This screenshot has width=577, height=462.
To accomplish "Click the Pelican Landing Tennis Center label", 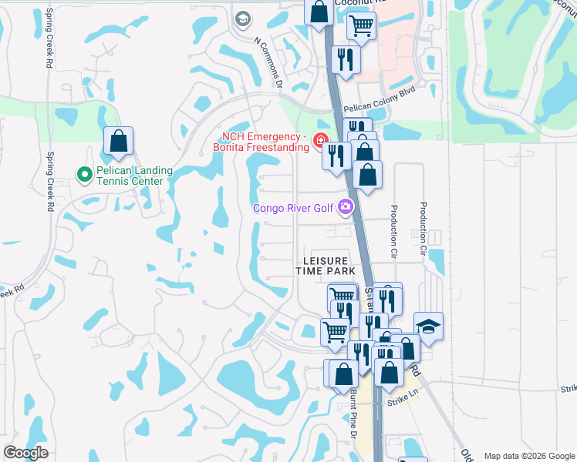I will (x=130, y=176).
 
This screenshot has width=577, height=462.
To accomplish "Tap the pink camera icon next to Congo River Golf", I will (x=345, y=206).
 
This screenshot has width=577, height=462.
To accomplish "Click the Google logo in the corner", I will (x=25, y=452).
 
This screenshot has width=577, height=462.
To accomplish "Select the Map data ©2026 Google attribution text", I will (x=529, y=456).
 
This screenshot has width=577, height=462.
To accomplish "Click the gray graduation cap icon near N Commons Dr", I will (x=242, y=18).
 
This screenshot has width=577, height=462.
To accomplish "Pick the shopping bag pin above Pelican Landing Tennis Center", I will (x=118, y=142).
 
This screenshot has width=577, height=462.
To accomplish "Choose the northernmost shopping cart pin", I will (x=361, y=25).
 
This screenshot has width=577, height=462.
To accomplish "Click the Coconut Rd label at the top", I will (x=355, y=3).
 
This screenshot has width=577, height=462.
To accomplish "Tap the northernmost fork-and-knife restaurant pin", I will (x=344, y=59).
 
